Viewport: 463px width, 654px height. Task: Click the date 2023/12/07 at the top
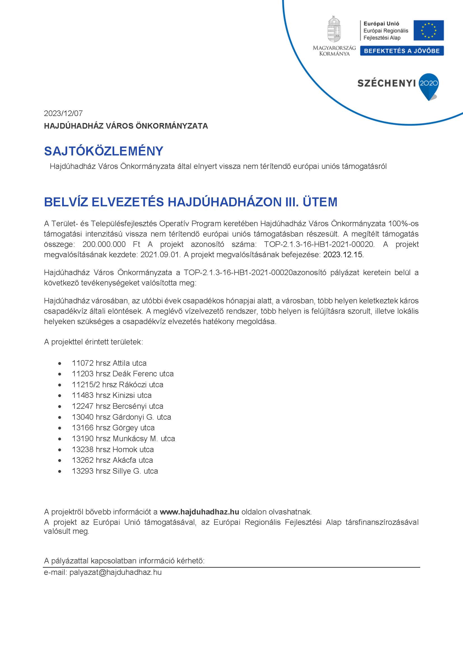point(63,113)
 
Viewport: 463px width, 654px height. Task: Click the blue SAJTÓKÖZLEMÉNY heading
point(104,151)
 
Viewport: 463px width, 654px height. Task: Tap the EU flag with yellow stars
point(429,30)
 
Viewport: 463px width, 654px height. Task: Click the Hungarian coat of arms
point(334,30)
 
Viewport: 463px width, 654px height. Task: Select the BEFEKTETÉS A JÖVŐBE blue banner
point(402,51)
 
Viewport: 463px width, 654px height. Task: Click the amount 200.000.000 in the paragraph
point(104,244)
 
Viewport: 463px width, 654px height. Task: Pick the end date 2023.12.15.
point(343,255)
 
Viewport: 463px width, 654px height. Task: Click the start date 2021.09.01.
point(160,255)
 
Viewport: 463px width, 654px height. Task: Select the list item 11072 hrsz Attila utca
point(109,363)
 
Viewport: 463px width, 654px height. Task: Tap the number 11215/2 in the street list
point(86,384)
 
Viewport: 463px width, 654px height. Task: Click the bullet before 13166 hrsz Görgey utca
point(60,428)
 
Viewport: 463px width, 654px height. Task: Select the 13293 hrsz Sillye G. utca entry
point(115,471)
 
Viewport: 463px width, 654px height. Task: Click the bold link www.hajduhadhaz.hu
point(199,512)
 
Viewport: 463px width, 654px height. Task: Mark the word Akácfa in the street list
point(124,460)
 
